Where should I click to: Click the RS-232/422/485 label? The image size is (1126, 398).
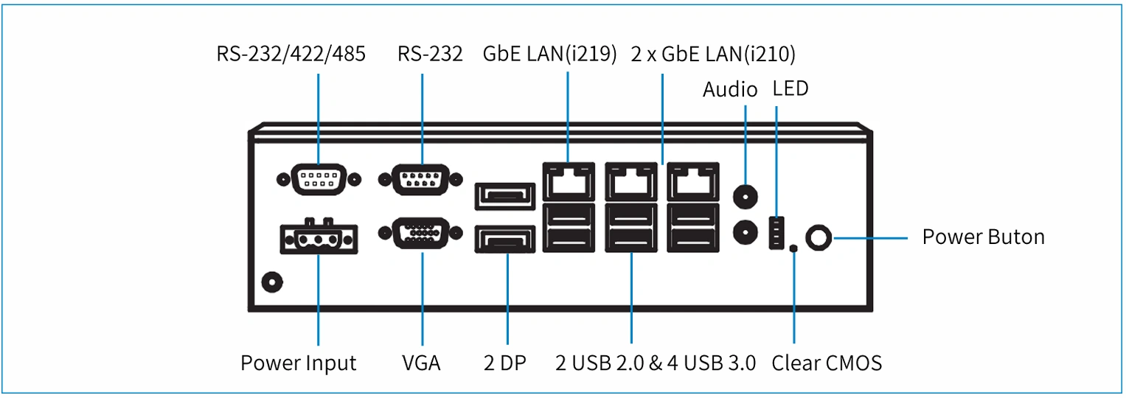[x=291, y=55]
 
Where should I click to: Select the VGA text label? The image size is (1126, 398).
[x=421, y=363]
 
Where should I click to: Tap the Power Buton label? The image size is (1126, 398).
[x=983, y=237]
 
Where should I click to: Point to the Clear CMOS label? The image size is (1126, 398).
[x=827, y=363]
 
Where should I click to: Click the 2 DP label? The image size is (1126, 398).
[x=504, y=363]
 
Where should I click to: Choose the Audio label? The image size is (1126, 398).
[x=730, y=89]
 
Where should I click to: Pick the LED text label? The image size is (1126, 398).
[x=790, y=88]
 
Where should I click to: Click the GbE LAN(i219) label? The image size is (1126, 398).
[x=549, y=55]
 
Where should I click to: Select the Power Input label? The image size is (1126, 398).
[x=298, y=363]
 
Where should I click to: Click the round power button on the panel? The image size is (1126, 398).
[x=819, y=237]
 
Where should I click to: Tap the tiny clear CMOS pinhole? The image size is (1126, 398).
[x=793, y=248]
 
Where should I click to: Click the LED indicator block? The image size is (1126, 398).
[x=776, y=233]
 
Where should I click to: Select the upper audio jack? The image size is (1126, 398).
[x=745, y=196]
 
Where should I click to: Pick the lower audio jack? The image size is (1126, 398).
[x=745, y=232]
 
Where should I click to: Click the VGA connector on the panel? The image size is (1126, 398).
[x=421, y=233]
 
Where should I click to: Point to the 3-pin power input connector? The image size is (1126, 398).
[x=319, y=239]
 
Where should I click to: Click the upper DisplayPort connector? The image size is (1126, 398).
[x=504, y=196]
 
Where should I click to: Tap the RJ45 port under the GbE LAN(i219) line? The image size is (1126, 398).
[x=569, y=181]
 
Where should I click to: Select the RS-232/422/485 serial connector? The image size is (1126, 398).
[x=319, y=179]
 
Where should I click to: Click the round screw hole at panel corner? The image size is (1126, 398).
[x=272, y=282]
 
